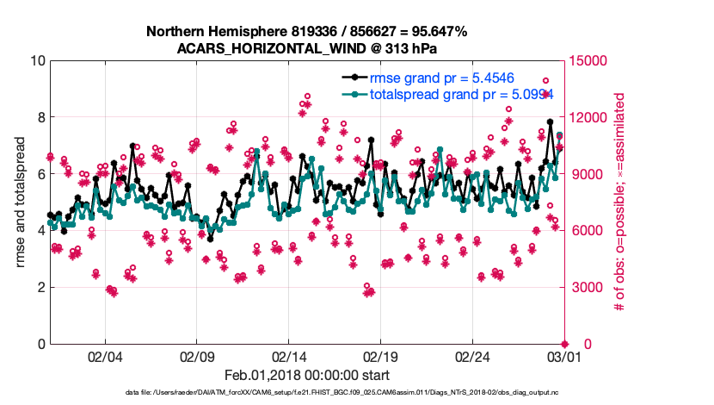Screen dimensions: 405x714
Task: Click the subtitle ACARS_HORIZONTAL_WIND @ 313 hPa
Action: pos(306,47)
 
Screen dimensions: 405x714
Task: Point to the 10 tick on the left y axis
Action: pos(37,61)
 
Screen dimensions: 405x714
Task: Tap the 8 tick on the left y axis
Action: pos(40,117)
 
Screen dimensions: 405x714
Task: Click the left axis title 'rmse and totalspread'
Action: pos(20,202)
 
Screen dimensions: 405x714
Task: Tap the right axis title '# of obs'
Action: pos(618,202)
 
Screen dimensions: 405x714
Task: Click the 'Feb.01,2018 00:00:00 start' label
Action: pos(306,375)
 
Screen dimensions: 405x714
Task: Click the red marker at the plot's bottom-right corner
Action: pos(564,344)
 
